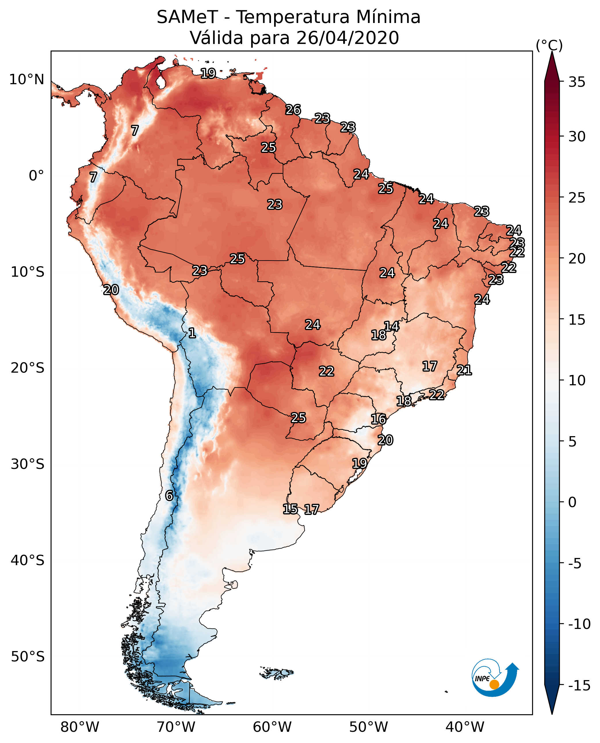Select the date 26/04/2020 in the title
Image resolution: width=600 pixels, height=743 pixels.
pos(347,38)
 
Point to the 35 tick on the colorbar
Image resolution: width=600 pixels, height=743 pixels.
pos(577,82)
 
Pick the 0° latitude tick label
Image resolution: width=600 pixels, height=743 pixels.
pos(36,176)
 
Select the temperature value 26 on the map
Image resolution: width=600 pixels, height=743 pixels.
pos(293,110)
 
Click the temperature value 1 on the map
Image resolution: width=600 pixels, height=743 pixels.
pos(192,333)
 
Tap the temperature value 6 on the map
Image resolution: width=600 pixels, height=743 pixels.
pos(169,496)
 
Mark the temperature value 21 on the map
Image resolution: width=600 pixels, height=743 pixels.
pos(464,370)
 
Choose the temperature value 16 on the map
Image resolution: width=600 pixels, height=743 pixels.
pos(379,419)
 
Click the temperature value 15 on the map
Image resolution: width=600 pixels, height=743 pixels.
pos(290,509)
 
